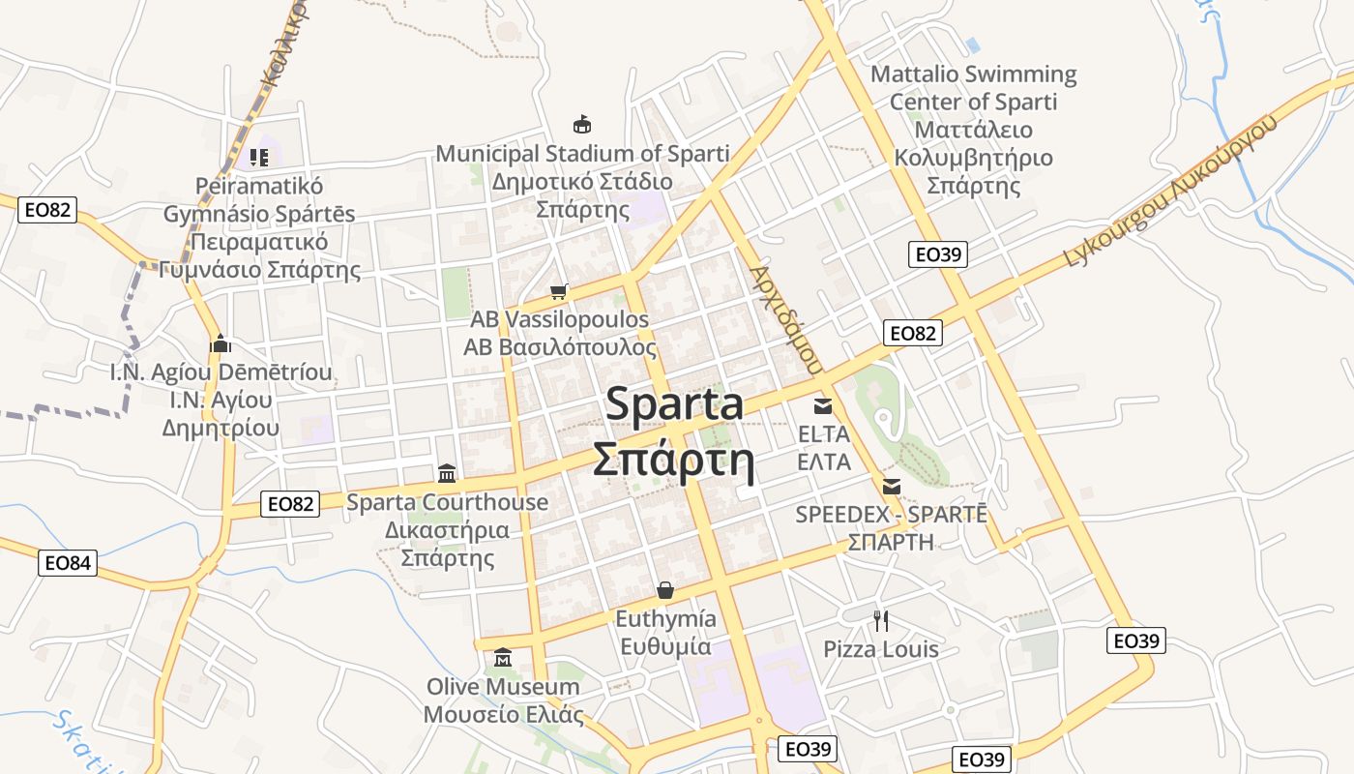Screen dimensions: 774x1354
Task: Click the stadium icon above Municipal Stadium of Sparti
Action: point(582,124)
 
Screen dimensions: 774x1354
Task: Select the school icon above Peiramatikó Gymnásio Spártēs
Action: point(258,157)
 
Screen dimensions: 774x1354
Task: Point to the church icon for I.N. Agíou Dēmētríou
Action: point(221,343)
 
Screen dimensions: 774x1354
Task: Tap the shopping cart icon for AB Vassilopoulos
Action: point(558,290)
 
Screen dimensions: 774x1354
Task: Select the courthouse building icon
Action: point(447,473)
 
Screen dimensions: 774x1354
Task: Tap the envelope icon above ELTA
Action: point(823,405)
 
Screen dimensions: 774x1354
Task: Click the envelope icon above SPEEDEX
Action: point(891,486)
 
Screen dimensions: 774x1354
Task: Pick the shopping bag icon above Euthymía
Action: point(665,590)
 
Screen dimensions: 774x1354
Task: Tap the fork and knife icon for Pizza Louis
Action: point(880,620)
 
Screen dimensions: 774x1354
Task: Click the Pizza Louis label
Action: point(880,648)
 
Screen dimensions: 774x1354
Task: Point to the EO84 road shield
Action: point(68,562)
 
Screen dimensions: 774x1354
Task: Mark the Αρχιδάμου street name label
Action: point(785,320)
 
